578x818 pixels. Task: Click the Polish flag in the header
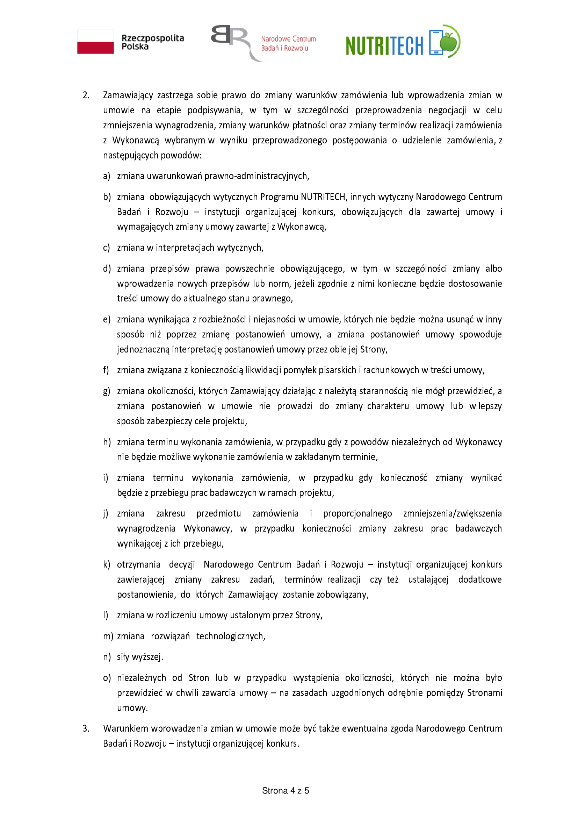click(95, 42)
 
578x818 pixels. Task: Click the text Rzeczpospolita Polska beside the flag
click(152, 42)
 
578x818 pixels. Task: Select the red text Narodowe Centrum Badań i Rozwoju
click(288, 43)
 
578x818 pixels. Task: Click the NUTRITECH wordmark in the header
click(384, 45)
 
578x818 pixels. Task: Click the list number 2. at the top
click(86, 95)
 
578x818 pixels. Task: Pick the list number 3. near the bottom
click(86, 728)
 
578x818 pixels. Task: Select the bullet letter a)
click(107, 176)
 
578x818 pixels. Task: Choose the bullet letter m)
click(108, 636)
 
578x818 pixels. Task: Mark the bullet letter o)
click(107, 678)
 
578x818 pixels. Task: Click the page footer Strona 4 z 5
click(286, 791)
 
